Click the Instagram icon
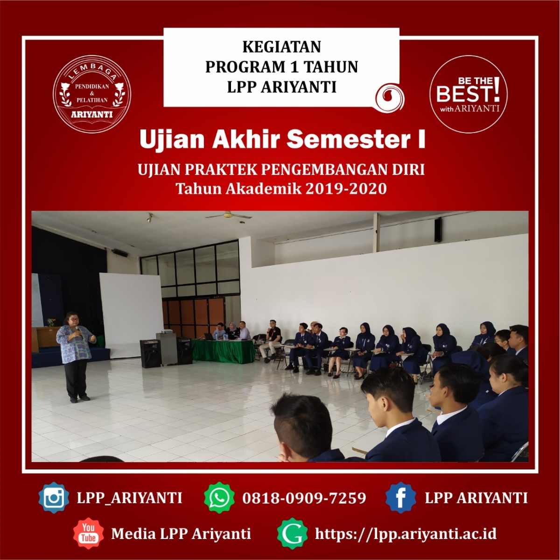click(x=54, y=497)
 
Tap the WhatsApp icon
click(x=219, y=497)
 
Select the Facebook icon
click(x=401, y=497)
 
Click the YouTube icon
click(x=88, y=533)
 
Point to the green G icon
click(x=292, y=533)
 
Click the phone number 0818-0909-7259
click(x=304, y=498)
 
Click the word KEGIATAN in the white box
click(x=281, y=47)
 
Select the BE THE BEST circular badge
click(x=469, y=94)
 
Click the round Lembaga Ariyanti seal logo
click(x=92, y=94)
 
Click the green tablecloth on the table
click(x=224, y=351)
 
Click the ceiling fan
click(x=229, y=216)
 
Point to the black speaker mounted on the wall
click(x=438, y=230)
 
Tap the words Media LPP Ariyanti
click(x=181, y=533)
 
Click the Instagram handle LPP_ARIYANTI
click(x=129, y=498)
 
